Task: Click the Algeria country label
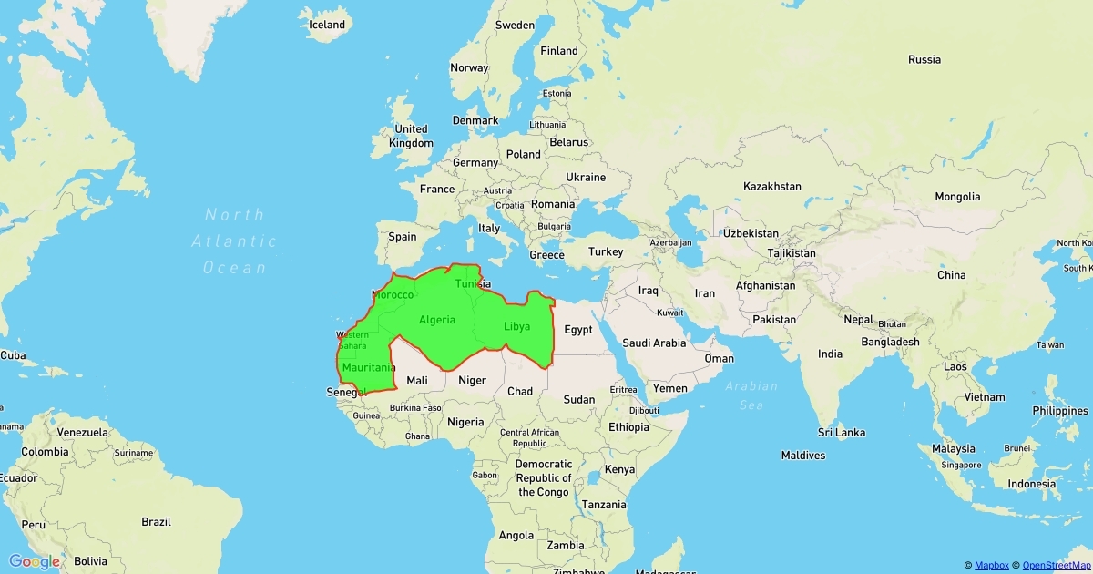pyautogui.click(x=437, y=320)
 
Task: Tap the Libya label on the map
pyautogui.click(x=516, y=326)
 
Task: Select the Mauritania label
pyautogui.click(x=368, y=368)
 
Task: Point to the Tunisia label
pyautogui.click(x=472, y=283)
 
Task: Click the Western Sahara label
pyautogui.click(x=352, y=341)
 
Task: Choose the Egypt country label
pyautogui.click(x=578, y=330)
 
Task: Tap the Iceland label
pyautogui.click(x=327, y=25)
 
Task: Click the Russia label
pyautogui.click(x=924, y=59)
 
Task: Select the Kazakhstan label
pyautogui.click(x=771, y=186)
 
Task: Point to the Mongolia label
pyautogui.click(x=957, y=197)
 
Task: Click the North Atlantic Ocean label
pyautogui.click(x=234, y=241)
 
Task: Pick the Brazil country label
pyautogui.click(x=156, y=522)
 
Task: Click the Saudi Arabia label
pyautogui.click(x=654, y=343)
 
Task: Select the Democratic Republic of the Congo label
pyautogui.click(x=543, y=478)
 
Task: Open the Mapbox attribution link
pyautogui.click(x=993, y=566)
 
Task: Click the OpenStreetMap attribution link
pyautogui.click(x=1057, y=566)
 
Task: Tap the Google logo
pyautogui.click(x=35, y=561)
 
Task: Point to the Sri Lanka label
pyautogui.click(x=841, y=432)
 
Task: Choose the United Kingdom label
pyautogui.click(x=411, y=136)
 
